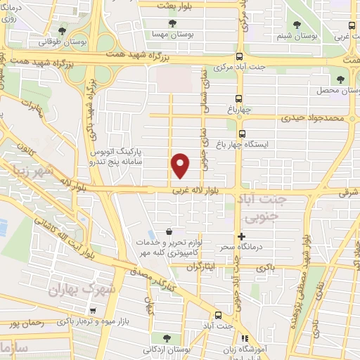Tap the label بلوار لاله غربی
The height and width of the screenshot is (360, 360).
(203, 191)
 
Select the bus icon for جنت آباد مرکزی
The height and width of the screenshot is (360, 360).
(240, 57)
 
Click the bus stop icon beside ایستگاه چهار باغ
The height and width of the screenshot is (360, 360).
(243, 133)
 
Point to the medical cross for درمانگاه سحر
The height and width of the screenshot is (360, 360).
(242, 238)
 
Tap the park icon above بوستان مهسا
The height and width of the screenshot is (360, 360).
(173, 23)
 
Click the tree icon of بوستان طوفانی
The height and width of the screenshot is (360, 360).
(64, 30)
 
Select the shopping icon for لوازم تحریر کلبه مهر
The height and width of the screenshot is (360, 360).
(169, 231)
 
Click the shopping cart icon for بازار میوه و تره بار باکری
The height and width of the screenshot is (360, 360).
(92, 309)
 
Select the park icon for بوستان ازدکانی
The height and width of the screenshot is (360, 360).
(165, 337)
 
